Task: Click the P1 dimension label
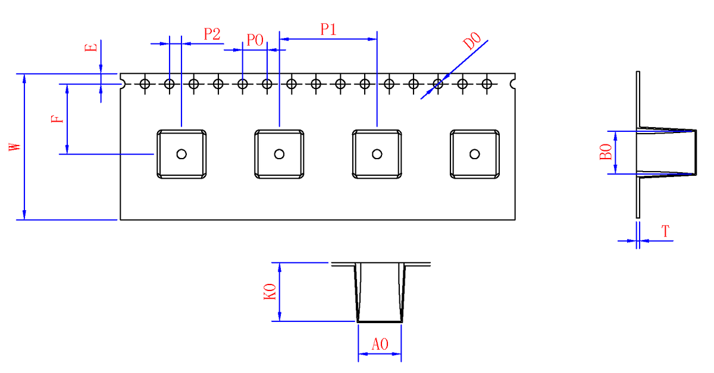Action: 328,29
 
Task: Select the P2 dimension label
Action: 212,34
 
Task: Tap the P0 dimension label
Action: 255,40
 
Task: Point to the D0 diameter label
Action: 471,41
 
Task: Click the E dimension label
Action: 91,48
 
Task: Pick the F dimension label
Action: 57,119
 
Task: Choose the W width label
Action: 15,147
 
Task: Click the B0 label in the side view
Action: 606,152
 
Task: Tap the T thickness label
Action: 665,231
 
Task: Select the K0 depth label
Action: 270,292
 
